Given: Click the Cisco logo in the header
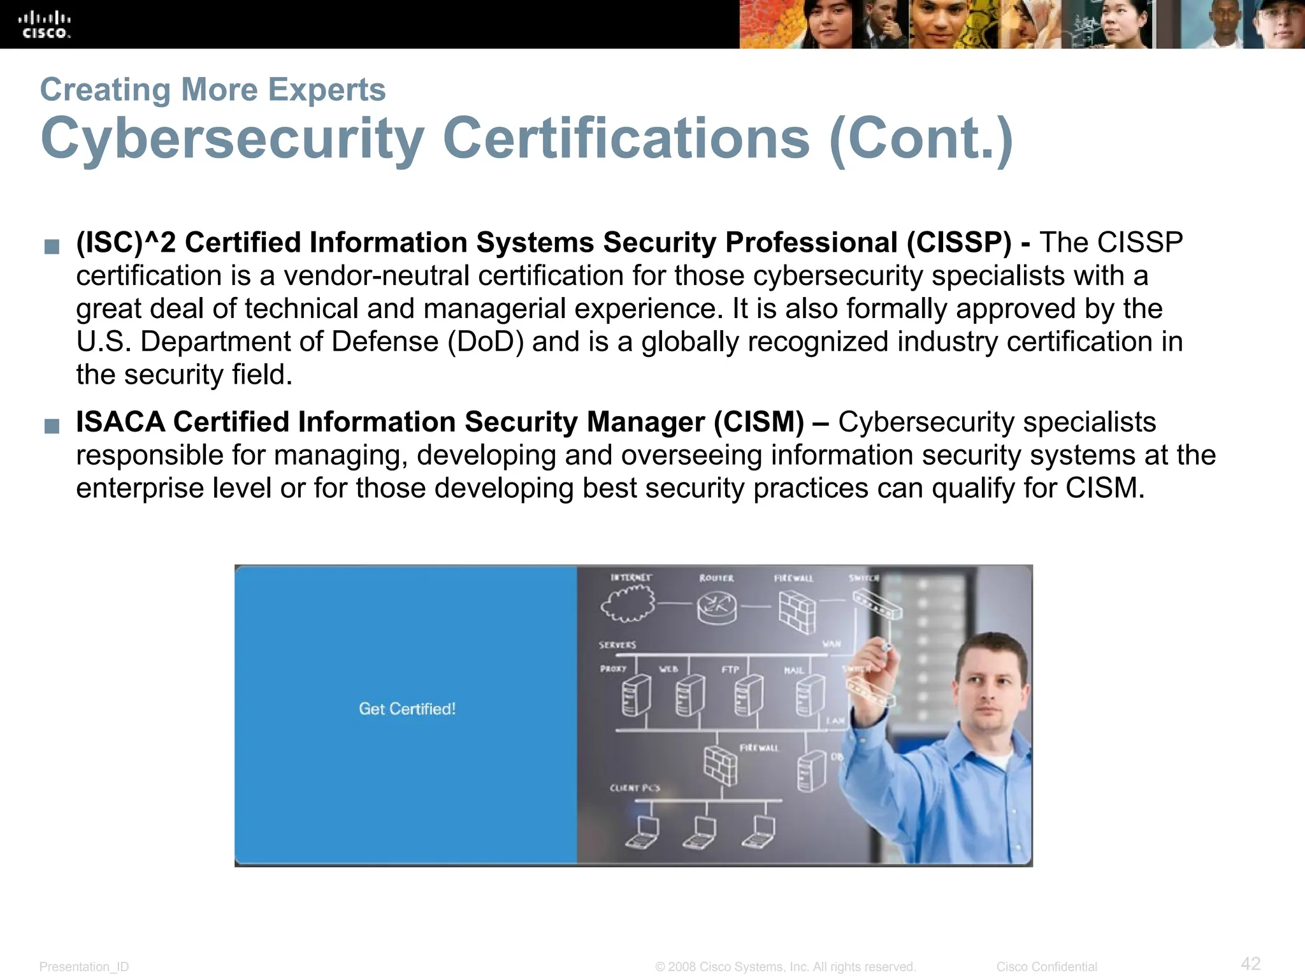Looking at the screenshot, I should (x=44, y=25).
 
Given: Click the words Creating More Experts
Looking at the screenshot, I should (x=213, y=89).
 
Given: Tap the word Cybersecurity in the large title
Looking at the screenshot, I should (x=232, y=139).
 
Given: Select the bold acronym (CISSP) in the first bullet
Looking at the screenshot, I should (x=959, y=243).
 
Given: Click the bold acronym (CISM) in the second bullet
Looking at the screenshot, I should (x=759, y=423).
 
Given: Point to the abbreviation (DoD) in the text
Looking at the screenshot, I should (x=486, y=342).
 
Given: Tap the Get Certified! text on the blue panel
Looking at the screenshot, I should (x=407, y=709).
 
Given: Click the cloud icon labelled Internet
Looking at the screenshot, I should (x=628, y=603).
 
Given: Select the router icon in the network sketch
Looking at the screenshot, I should (x=716, y=606).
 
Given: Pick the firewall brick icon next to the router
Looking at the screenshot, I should (x=797, y=611).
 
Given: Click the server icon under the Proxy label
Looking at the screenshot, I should (x=635, y=695).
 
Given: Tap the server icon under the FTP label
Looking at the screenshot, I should (x=748, y=695).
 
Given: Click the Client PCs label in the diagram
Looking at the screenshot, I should (x=635, y=788).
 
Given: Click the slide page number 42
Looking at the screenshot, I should (x=1250, y=963).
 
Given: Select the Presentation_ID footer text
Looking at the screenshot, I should (x=84, y=967).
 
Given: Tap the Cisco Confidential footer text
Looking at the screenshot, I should (x=1046, y=967).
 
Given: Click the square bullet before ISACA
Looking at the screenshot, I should (x=52, y=426).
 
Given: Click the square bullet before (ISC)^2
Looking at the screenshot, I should (x=52, y=246).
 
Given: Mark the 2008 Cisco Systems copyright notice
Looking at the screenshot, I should (x=785, y=967).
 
